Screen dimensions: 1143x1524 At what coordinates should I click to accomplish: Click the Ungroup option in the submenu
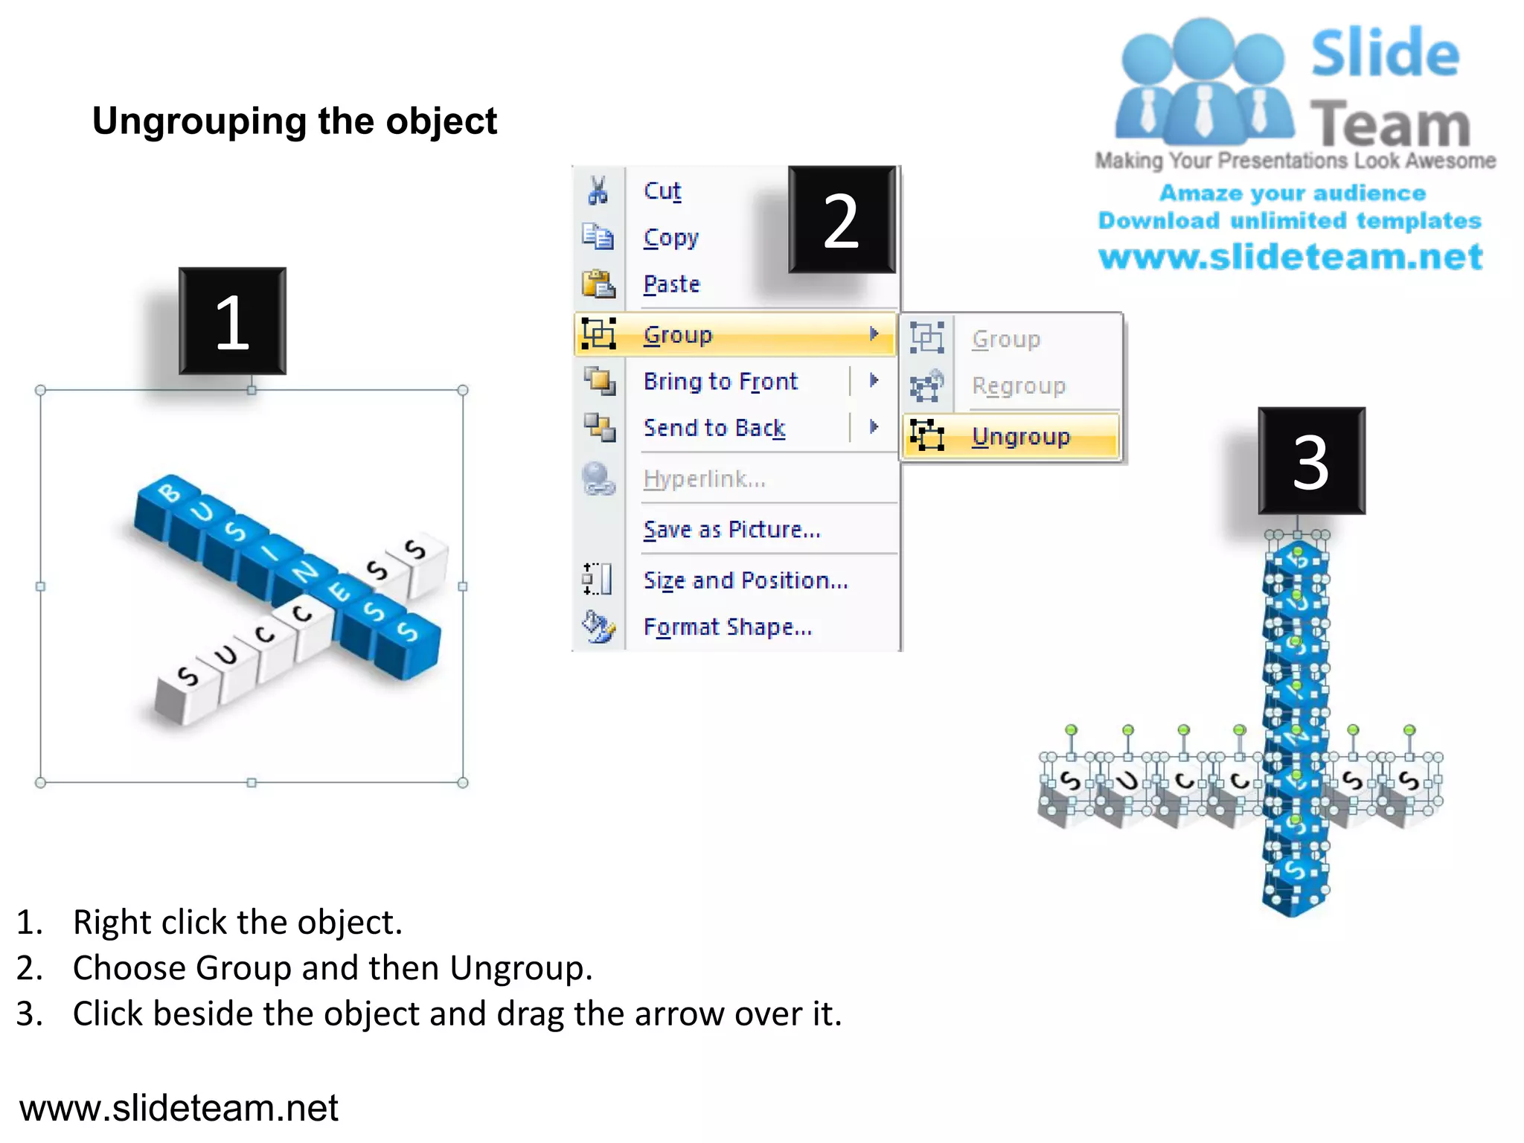pyautogui.click(x=1020, y=437)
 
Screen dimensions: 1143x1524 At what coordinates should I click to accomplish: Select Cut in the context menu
pyautogui.click(x=662, y=191)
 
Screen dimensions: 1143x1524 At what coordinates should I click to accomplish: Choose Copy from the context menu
pyautogui.click(x=670, y=238)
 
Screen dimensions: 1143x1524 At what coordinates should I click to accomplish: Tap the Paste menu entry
pyautogui.click(x=671, y=284)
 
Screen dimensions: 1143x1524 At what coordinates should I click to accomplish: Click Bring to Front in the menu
pyautogui.click(x=720, y=382)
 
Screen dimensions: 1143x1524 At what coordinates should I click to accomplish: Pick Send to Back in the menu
pyautogui.click(x=714, y=428)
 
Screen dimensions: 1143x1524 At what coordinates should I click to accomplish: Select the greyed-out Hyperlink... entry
pyautogui.click(x=704, y=479)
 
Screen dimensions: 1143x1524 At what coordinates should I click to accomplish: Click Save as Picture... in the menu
pyautogui.click(x=731, y=530)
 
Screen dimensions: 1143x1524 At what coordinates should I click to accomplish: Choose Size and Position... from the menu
pyautogui.click(x=745, y=580)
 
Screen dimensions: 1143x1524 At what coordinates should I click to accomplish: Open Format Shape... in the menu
pyautogui.click(x=727, y=627)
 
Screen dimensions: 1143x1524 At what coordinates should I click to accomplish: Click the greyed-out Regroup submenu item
pyautogui.click(x=1018, y=386)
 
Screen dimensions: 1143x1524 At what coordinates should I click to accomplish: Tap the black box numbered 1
pyautogui.click(x=232, y=321)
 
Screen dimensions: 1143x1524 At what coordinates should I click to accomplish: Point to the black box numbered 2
pyautogui.click(x=842, y=220)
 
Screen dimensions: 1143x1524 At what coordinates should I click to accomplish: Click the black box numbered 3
pyautogui.click(x=1311, y=461)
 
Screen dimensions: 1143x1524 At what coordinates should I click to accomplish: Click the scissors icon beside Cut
pyautogui.click(x=598, y=190)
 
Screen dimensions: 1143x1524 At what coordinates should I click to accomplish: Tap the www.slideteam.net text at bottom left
pyautogui.click(x=179, y=1108)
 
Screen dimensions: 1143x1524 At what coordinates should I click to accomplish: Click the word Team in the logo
pyautogui.click(x=1390, y=124)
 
